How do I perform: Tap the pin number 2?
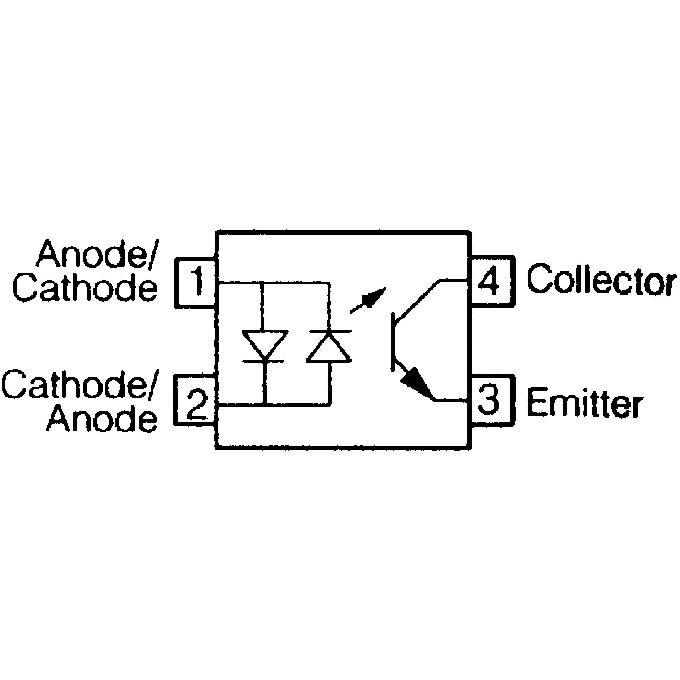[197, 404]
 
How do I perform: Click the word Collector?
[601, 280]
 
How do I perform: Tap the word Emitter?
[585, 401]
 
